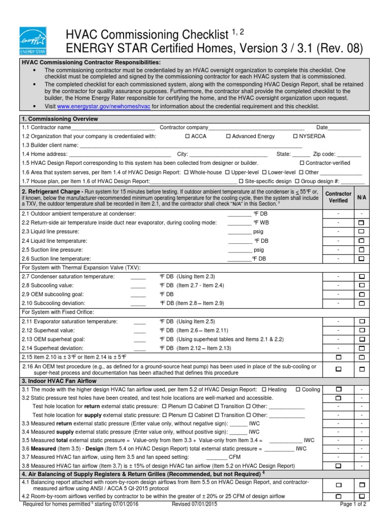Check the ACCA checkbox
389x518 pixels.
pyautogui.click(x=188, y=137)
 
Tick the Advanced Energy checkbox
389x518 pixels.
pyautogui.click(x=228, y=137)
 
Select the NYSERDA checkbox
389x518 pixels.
pyautogui.click(x=295, y=137)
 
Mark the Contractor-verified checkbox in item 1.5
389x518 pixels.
pyautogui.click(x=302, y=163)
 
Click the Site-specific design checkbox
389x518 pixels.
pyautogui.click(x=241, y=181)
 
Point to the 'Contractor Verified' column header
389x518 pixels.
pyautogui.click(x=338, y=197)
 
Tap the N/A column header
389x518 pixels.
pyautogui.click(x=362, y=197)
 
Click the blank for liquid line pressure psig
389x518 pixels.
pyautogui.click(x=240, y=232)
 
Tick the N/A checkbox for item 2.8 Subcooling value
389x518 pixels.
pyautogui.click(x=362, y=286)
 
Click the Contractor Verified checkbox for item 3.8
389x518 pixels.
pyautogui.click(x=338, y=465)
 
